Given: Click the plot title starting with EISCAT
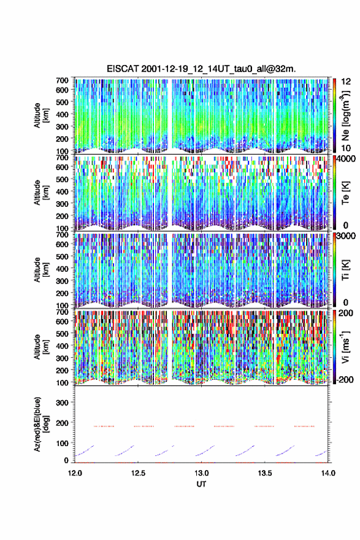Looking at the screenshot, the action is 201,69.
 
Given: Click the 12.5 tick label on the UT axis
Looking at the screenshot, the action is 138,473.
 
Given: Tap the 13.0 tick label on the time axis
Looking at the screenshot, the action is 201,473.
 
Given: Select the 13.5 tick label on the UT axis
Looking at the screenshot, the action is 265,473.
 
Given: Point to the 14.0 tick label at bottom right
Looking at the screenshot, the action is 328,473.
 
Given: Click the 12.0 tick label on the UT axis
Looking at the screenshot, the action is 75,473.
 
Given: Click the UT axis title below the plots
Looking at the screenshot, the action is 201,484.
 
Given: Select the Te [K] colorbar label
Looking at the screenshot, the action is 345,193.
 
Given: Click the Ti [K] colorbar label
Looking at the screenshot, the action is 345,270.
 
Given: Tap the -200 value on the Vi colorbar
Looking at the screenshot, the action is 343,380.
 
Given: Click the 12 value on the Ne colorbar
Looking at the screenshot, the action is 347,82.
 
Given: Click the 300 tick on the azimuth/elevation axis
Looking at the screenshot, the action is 63,403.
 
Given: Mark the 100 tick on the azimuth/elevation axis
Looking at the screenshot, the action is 63,443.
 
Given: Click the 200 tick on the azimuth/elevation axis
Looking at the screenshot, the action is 63,423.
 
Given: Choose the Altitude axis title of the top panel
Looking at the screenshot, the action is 41,115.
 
